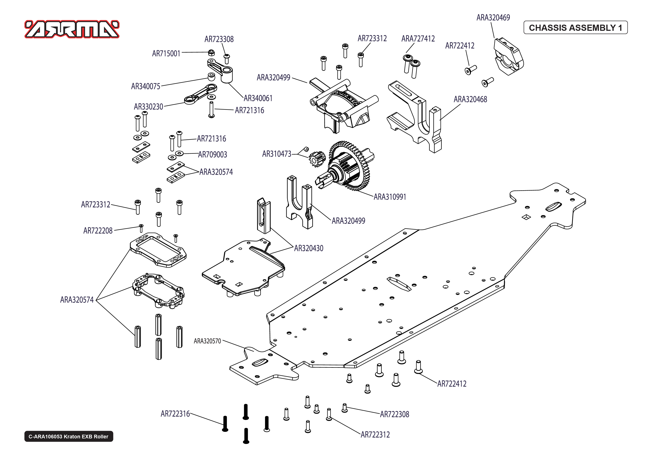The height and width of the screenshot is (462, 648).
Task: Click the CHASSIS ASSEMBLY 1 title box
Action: click(x=575, y=28)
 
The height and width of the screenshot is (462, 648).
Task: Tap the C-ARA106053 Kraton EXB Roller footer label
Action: click(x=68, y=436)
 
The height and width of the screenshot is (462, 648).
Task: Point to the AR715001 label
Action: click(x=166, y=54)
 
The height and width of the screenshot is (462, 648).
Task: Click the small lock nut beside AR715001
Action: click(x=211, y=52)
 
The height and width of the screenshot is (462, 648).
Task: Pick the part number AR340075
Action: click(x=146, y=86)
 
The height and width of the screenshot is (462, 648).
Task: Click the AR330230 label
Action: click(x=148, y=107)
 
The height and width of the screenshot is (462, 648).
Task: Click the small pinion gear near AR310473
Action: click(x=316, y=159)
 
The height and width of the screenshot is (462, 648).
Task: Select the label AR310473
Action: click(x=276, y=154)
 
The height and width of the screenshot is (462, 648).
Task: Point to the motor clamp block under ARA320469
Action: click(x=508, y=57)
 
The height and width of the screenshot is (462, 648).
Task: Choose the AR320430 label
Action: click(x=309, y=248)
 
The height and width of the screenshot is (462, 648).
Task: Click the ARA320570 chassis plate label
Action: click(x=207, y=341)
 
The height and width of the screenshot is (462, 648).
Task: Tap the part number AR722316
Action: click(x=175, y=414)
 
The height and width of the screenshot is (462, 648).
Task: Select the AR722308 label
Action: click(x=394, y=414)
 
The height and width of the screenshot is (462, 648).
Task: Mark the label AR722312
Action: click(x=375, y=435)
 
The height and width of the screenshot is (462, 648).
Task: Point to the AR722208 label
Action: click(x=98, y=231)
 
